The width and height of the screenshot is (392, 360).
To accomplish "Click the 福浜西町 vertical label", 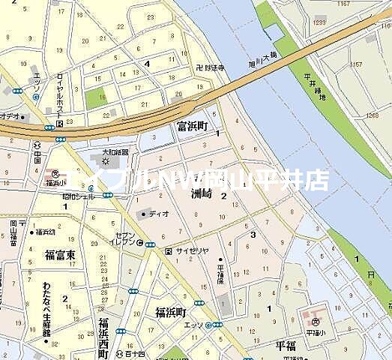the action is (103, 337).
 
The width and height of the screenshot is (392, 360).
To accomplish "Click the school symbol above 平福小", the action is (317, 322).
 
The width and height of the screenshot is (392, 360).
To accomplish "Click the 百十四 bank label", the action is (135, 352).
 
